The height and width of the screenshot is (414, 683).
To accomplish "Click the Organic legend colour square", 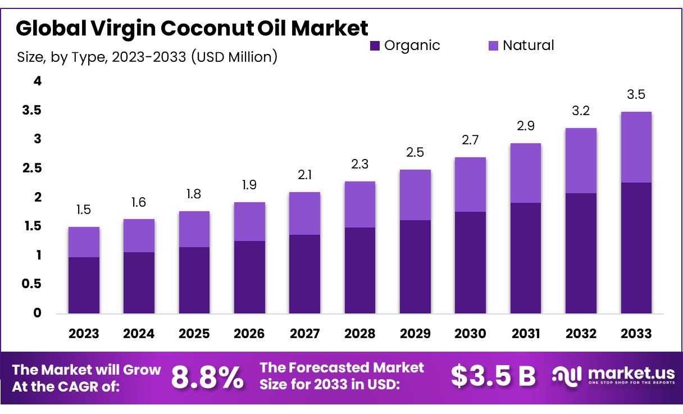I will click(375, 46).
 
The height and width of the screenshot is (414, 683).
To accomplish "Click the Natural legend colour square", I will click(493, 46).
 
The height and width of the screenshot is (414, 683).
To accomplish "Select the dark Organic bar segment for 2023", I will click(84, 285).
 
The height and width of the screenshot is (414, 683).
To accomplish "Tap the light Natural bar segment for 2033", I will click(636, 147).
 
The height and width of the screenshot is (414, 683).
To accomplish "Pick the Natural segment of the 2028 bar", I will click(359, 204).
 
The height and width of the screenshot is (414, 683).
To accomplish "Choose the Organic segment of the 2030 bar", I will click(470, 262).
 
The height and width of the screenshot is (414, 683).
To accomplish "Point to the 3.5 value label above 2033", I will click(636, 94).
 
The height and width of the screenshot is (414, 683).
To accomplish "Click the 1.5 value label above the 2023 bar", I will click(84, 210).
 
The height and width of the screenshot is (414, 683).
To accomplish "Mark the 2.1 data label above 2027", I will click(304, 175).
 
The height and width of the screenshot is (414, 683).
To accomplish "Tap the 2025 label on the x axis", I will click(194, 334).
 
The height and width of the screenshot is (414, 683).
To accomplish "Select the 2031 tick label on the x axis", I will click(525, 334).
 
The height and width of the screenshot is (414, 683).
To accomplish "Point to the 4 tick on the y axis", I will click(38, 81).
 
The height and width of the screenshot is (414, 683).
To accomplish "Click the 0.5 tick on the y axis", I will click(32, 284).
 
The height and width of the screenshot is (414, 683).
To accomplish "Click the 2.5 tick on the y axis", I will click(32, 169).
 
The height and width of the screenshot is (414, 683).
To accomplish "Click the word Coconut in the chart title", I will click(202, 28).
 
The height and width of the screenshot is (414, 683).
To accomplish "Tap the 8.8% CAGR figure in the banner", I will click(207, 377).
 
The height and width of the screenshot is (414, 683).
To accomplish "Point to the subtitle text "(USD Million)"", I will click(234, 57).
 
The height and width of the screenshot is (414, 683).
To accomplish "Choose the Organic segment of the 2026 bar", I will click(249, 277).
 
